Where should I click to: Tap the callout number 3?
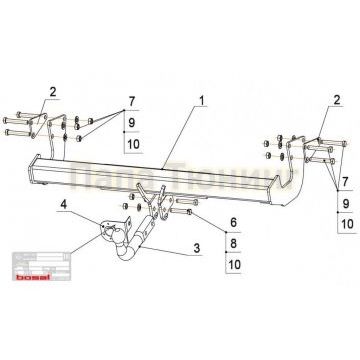tap(196, 247)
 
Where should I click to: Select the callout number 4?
tap(64, 208)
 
